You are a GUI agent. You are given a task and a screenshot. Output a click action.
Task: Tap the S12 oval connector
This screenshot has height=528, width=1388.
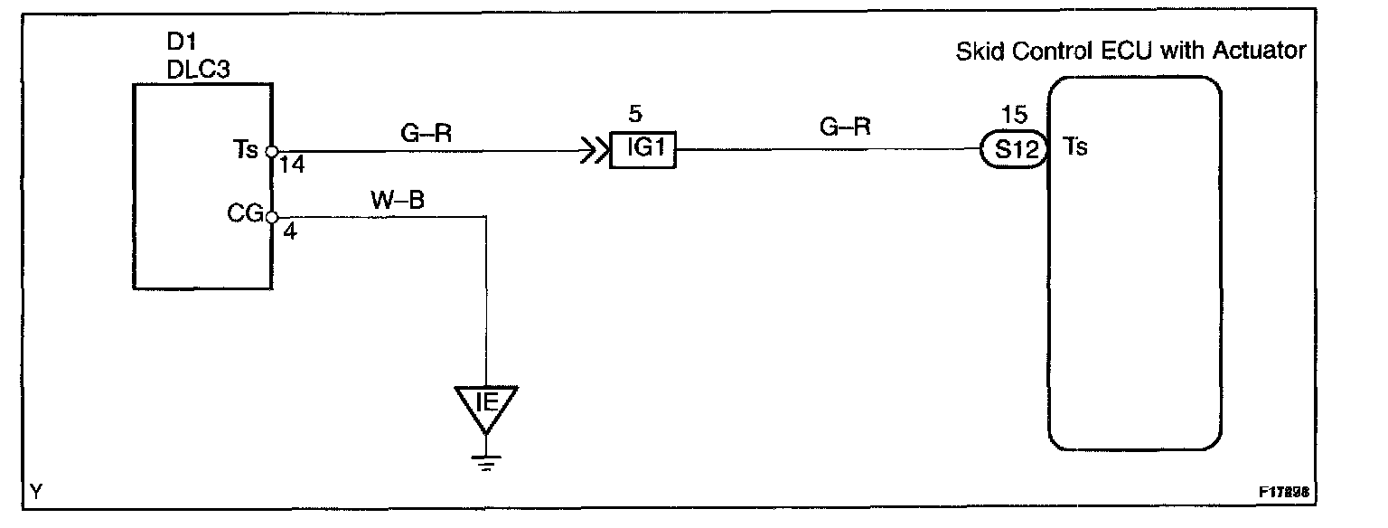coord(1012,150)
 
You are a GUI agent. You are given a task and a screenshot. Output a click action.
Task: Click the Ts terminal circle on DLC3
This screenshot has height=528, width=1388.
coord(271,152)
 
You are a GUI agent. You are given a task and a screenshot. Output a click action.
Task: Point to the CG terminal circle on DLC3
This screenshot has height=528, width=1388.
coord(271,217)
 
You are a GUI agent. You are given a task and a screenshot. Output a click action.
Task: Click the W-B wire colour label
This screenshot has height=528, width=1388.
coord(399,201)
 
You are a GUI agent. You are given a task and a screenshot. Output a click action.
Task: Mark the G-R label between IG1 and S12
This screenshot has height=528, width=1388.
coord(845,127)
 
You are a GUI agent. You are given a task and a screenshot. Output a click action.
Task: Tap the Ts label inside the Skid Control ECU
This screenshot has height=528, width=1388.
coord(1076,146)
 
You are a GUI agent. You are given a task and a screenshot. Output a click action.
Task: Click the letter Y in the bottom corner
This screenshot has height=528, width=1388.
coord(34,492)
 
